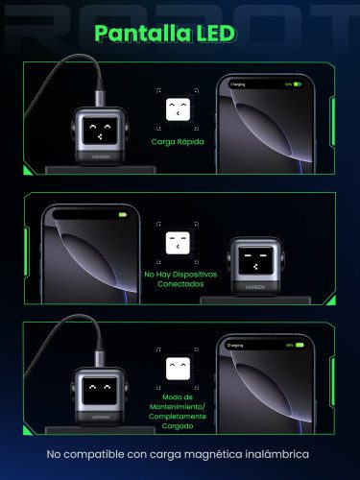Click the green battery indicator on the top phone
tap(298, 84)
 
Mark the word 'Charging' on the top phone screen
tap(238, 84)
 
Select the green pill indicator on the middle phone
tap(122, 215)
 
